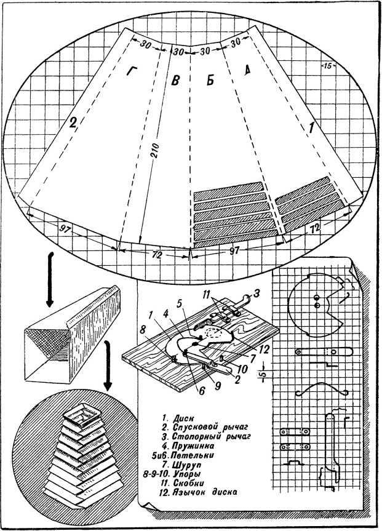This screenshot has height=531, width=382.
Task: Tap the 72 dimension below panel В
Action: click(x=155, y=254)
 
